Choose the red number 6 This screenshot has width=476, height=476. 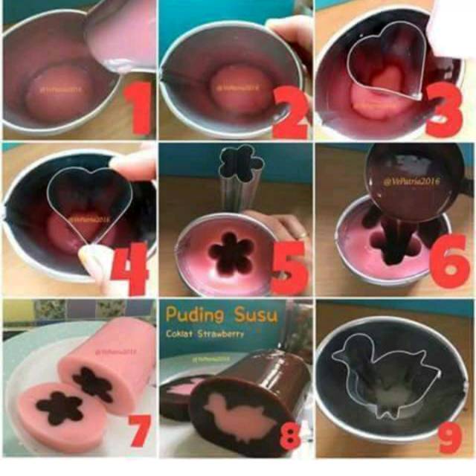[x=448, y=262]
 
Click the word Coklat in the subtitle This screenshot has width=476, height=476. [x=184, y=333]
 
